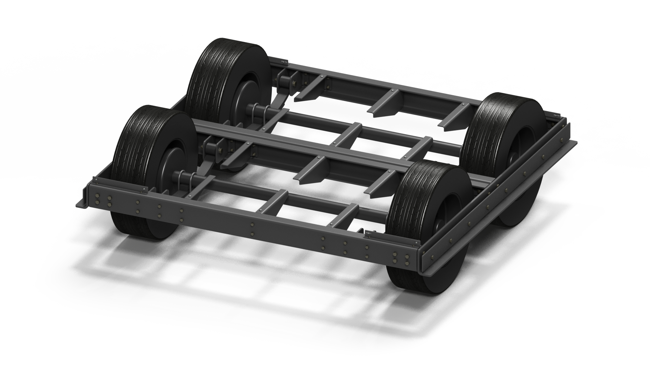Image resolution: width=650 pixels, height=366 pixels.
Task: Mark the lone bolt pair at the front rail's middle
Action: tap(252, 228)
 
